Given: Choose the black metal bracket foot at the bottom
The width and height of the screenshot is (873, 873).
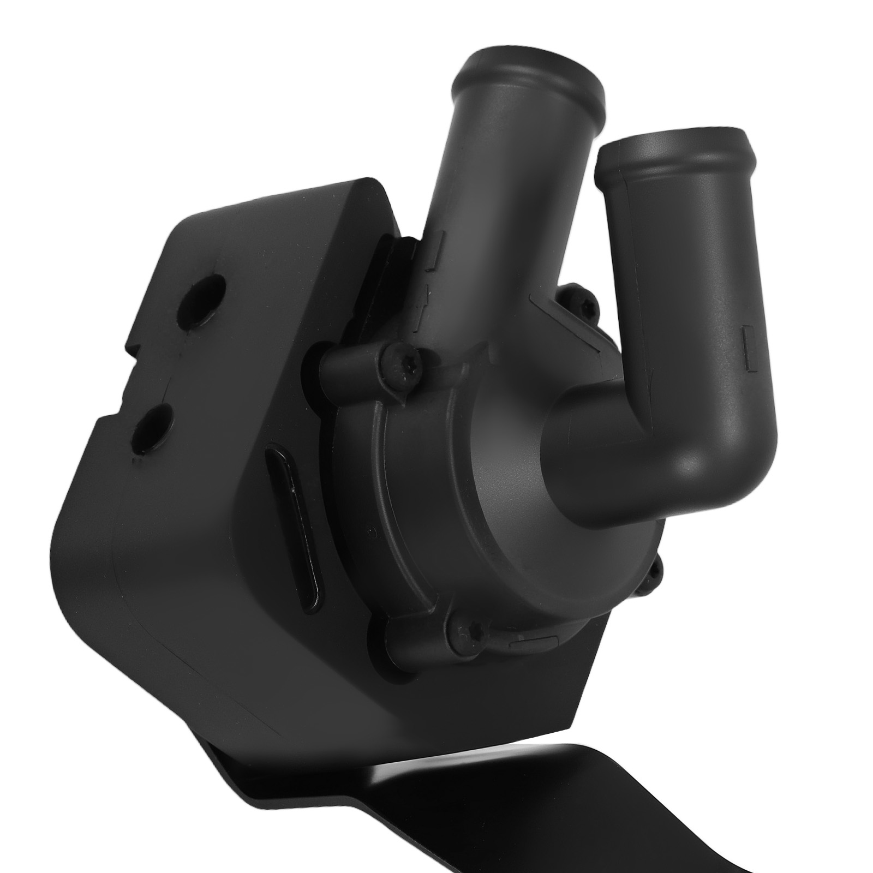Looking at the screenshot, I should [x=627, y=818].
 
